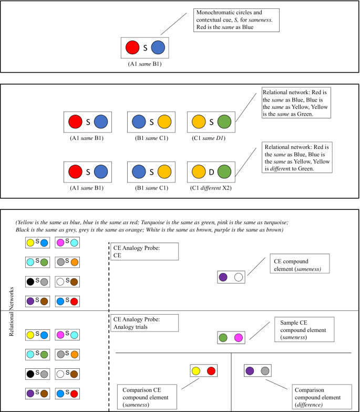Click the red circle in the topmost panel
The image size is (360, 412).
point(133,48)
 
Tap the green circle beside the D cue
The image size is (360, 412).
point(225,172)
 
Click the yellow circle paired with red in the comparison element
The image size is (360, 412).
point(196,371)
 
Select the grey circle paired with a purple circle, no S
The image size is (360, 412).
point(265,370)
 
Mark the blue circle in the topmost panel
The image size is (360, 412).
point(158,48)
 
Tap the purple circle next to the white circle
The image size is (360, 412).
point(223,277)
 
